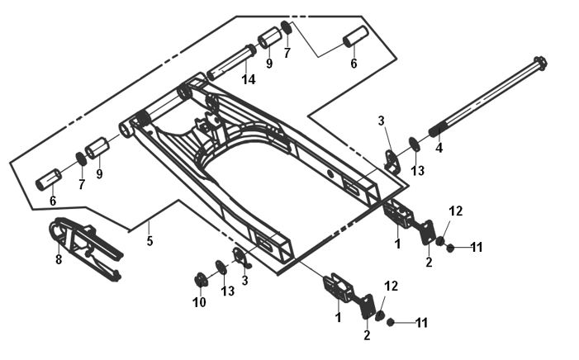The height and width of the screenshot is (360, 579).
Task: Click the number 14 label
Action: pos(249,79)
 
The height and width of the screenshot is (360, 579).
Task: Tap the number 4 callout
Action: pos(439,149)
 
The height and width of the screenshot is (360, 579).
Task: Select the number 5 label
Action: pos(150,242)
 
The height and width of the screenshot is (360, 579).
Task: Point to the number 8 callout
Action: pos(59,259)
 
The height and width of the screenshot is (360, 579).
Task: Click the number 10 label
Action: pos(199,303)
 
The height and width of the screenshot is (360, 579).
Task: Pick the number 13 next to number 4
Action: pos(418,170)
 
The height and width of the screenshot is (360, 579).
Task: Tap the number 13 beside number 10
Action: pos(227,291)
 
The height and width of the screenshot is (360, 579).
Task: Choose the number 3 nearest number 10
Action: pos(245,281)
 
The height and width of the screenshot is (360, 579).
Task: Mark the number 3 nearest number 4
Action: pos(382,121)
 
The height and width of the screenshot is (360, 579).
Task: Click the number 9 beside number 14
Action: pos(268,64)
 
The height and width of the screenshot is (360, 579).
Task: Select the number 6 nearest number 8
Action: pos(53,201)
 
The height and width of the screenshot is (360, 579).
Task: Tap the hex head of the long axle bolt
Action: pos(540,63)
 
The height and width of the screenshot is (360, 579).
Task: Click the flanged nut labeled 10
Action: pos(201,277)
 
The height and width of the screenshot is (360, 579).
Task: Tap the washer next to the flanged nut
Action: pos(221,267)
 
